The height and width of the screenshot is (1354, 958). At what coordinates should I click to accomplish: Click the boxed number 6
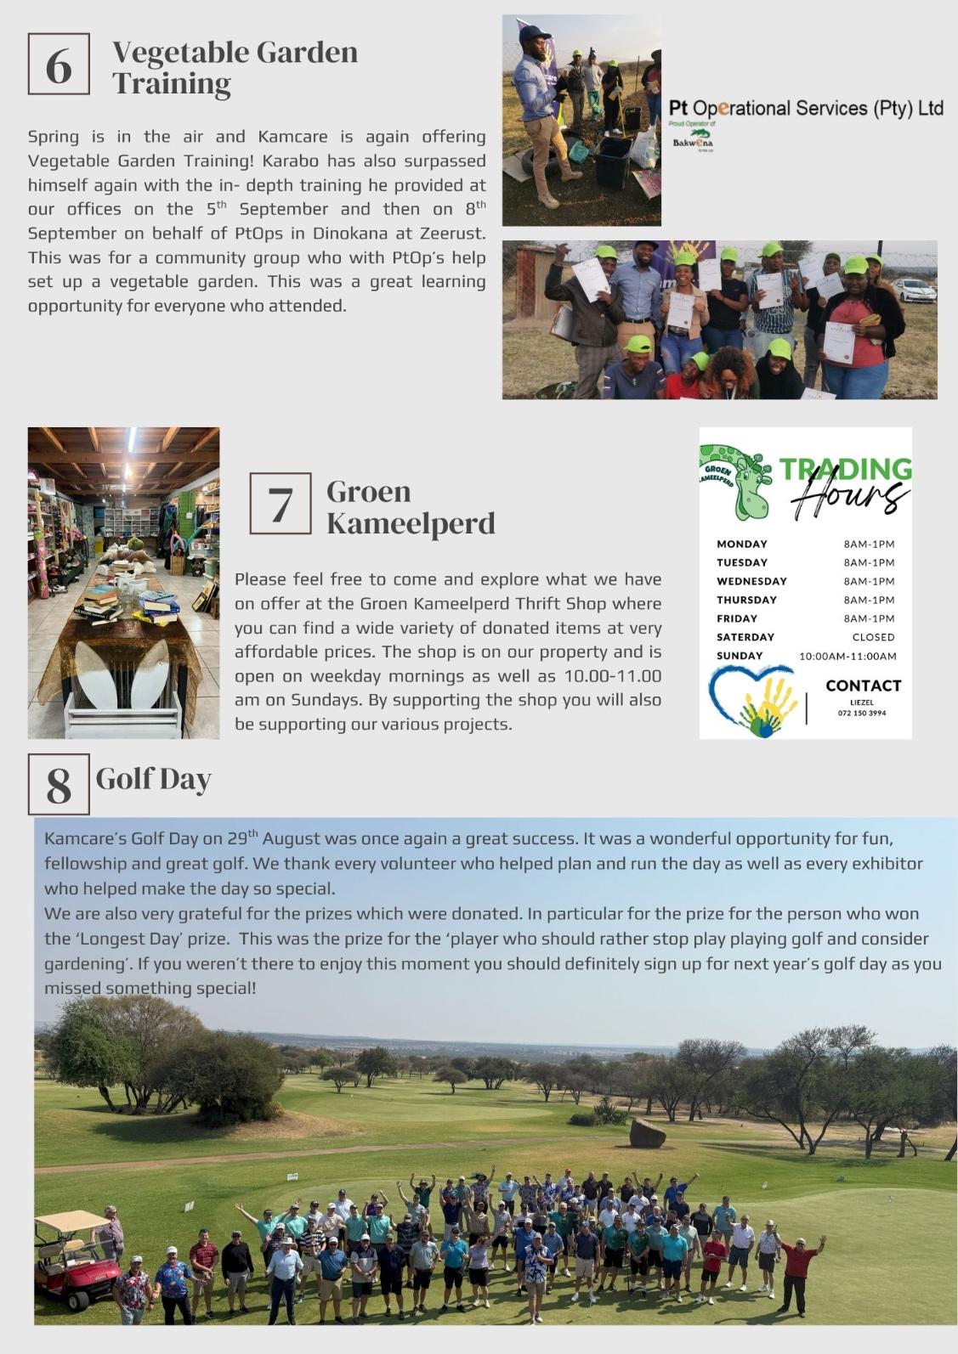point(59,65)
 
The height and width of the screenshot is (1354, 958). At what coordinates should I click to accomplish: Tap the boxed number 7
point(281,504)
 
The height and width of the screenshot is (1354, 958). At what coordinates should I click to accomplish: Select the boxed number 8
point(59,784)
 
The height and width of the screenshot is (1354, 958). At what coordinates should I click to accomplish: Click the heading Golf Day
point(153,779)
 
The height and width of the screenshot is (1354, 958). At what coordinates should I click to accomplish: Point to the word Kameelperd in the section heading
point(411,523)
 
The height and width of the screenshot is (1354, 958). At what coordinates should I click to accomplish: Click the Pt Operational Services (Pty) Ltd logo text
point(806,109)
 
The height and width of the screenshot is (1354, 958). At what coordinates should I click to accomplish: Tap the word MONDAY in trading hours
point(741,544)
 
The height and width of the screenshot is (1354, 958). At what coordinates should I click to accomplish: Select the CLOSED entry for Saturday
point(873,637)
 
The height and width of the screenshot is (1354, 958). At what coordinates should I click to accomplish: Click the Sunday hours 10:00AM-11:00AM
point(847,656)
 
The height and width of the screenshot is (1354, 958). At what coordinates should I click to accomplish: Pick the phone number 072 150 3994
point(861,714)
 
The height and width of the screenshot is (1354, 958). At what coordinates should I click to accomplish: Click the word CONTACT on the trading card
point(863,685)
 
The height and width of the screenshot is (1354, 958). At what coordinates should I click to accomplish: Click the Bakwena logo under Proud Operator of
point(693,141)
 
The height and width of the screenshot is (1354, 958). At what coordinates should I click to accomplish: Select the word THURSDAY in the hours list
point(746,600)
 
